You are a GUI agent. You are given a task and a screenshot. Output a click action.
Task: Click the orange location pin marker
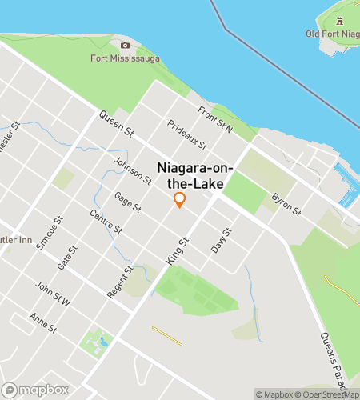pos(180,200)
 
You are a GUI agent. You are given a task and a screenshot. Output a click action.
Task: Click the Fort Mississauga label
pos(126,58)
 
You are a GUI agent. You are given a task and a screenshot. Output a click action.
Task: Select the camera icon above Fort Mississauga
pos(125,45)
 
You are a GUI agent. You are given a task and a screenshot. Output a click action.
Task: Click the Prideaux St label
pos(187,135)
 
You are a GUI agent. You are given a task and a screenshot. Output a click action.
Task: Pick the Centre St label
pos(106,222)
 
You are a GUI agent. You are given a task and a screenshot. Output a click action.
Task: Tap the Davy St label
pos(221,240)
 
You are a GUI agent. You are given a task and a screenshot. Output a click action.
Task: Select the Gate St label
pos(68,258)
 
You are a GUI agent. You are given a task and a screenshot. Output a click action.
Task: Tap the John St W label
pos(53,293)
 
